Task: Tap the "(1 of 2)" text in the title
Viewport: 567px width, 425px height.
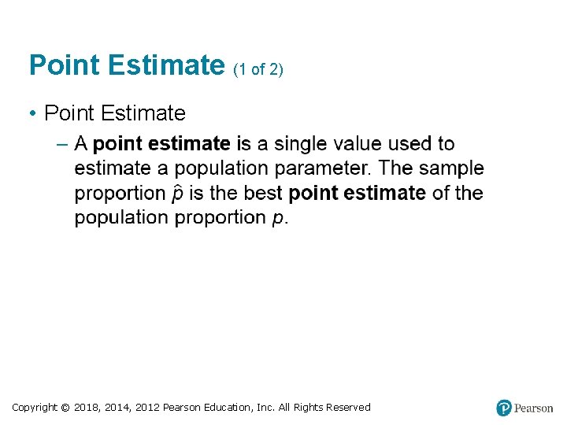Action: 258,70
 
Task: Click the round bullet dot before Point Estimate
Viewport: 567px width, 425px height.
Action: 34,114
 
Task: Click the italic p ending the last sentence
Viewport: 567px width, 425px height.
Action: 277,219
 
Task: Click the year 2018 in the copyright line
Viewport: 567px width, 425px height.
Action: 87,407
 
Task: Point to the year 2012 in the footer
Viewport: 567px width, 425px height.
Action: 147,407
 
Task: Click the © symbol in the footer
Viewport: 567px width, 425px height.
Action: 65,407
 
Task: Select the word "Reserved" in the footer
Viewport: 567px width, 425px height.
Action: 343,407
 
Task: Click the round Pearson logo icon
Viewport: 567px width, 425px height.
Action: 504,408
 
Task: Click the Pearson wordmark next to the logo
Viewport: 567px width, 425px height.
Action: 534,408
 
